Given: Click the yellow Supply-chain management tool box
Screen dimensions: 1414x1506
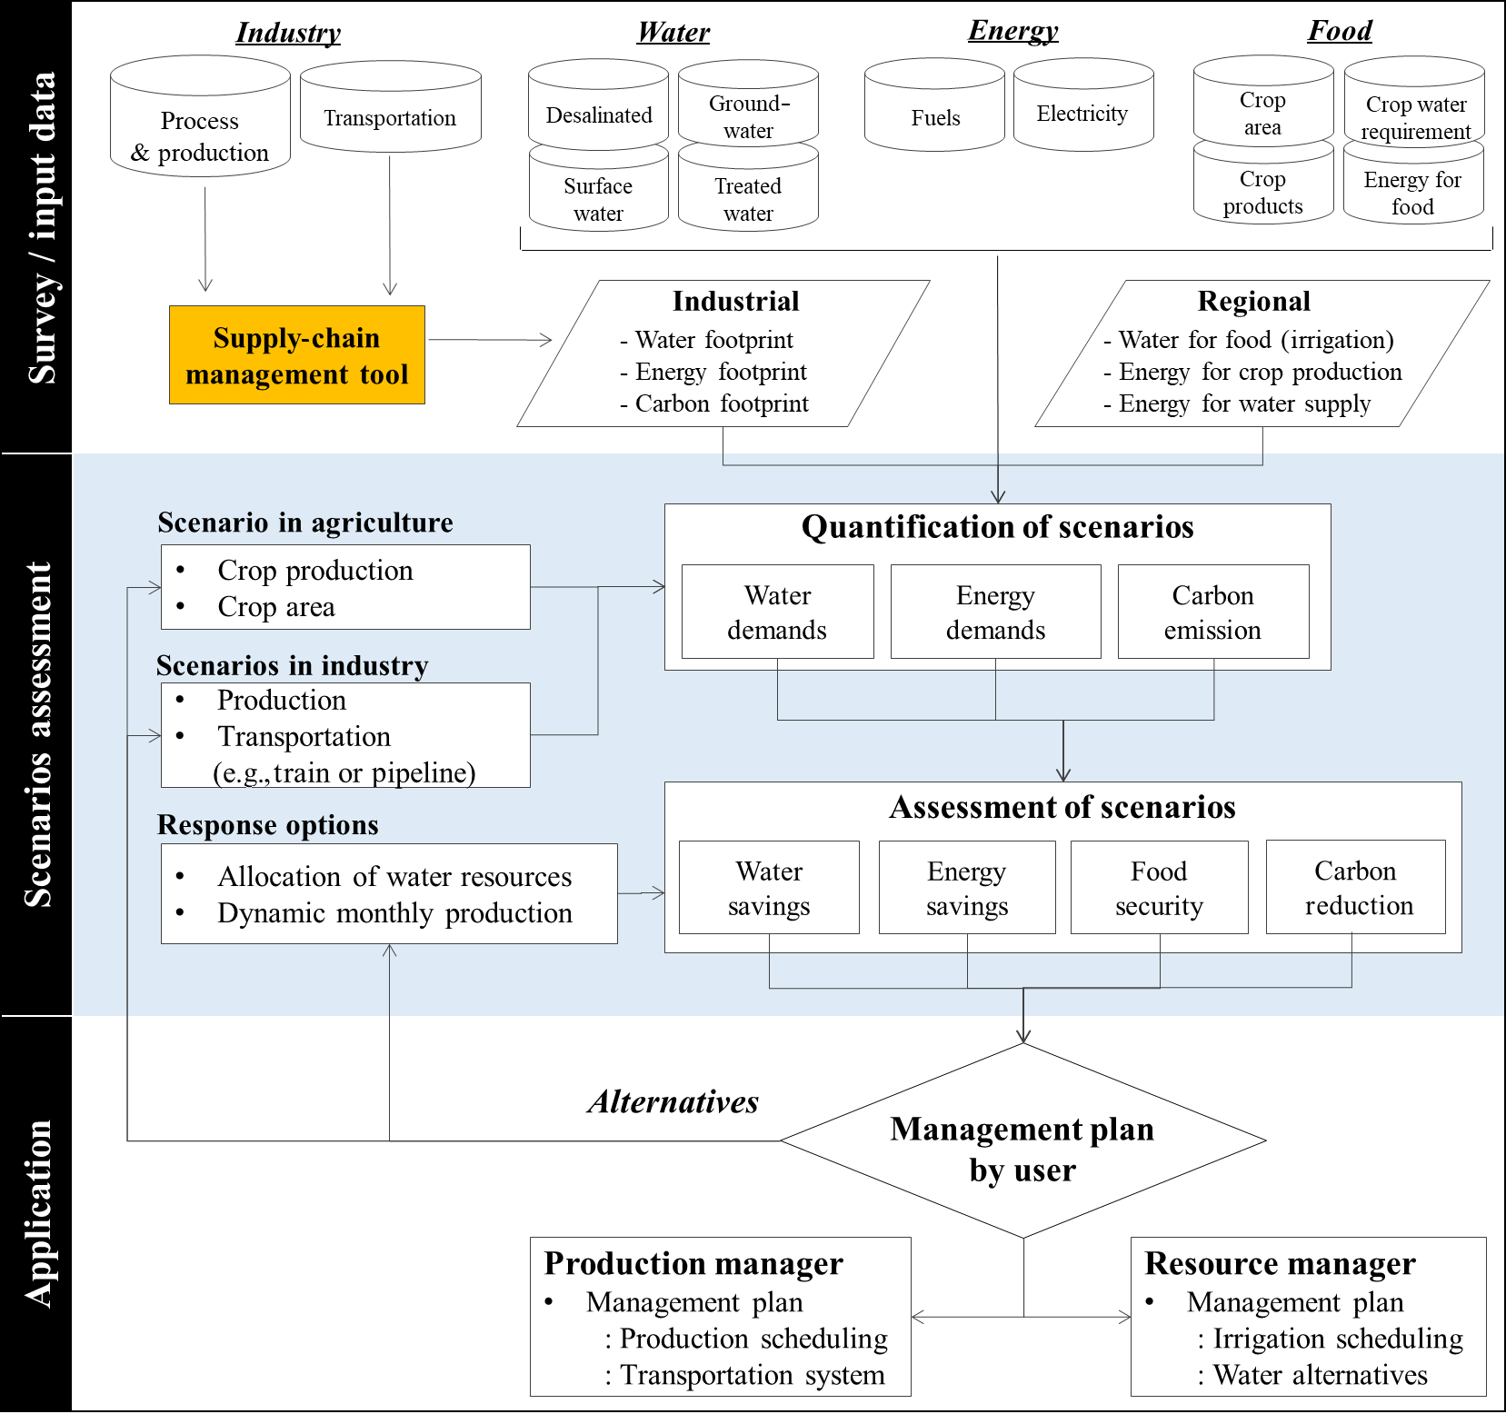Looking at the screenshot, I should tap(297, 355).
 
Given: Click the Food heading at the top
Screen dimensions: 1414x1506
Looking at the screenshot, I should tap(1340, 31).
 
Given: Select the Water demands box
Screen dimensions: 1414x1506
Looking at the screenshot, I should tap(777, 612).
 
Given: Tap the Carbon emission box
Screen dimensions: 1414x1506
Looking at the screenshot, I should tap(1212, 612).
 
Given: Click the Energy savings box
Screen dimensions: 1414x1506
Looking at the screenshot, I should tap(967, 888).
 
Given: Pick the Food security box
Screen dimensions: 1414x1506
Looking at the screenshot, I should tap(1159, 888).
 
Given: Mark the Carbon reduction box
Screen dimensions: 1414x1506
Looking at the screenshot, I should tap(1356, 888).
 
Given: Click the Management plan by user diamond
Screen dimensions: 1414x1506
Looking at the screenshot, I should tap(1022, 1148).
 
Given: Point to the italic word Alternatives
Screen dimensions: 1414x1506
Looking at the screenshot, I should tap(673, 1101).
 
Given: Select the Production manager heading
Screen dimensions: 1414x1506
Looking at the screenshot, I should tap(693, 1263).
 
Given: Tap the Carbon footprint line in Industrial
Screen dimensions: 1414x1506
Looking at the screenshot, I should tap(722, 403).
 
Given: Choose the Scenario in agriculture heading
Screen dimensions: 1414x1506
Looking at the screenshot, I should tap(305, 523).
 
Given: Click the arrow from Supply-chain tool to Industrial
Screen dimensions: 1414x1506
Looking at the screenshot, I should tap(490, 340).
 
